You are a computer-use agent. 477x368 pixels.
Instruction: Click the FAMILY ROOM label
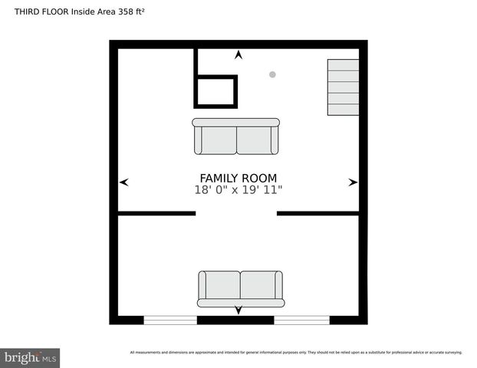click(238, 178)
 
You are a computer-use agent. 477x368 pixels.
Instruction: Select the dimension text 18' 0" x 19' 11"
click(238, 190)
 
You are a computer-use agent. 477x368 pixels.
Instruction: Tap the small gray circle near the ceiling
click(272, 74)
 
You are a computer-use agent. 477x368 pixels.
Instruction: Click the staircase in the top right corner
click(343, 87)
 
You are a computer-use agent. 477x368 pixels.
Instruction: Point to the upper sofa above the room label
click(236, 136)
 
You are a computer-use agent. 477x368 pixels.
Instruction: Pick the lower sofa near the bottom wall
click(241, 288)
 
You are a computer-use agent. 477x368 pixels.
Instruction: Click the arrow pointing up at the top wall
click(238, 55)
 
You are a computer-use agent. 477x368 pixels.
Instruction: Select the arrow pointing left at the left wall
click(124, 182)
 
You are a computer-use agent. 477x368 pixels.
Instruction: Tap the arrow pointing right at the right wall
click(353, 182)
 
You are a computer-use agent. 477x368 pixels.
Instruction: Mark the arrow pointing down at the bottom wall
click(238, 310)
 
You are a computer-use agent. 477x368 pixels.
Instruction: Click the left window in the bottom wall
click(170, 320)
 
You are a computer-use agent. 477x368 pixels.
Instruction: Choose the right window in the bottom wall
click(301, 320)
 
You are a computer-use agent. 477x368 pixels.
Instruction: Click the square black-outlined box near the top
click(216, 91)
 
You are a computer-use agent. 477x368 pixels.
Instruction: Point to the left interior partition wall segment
click(156, 213)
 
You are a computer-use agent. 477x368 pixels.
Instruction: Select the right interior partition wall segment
click(318, 213)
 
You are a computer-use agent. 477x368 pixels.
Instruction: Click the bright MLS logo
click(31, 357)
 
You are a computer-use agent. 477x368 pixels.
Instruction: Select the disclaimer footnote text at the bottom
click(296, 353)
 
